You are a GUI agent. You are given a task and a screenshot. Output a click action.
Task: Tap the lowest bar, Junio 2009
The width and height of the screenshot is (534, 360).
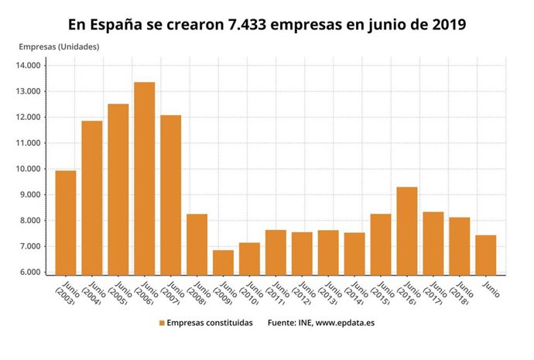click(223, 262)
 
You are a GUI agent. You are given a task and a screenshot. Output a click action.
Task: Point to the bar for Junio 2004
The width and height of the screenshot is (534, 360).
click(91, 197)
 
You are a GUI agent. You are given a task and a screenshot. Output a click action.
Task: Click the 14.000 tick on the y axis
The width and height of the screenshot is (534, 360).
click(28, 66)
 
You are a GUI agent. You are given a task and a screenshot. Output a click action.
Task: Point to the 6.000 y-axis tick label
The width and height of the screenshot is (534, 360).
click(29, 273)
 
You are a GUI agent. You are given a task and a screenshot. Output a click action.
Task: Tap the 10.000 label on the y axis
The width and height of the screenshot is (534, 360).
click(28, 169)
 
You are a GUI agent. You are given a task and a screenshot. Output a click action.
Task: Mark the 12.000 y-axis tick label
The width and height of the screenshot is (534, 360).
click(28, 118)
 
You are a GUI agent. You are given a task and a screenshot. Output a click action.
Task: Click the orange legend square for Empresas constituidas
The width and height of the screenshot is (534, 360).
click(162, 323)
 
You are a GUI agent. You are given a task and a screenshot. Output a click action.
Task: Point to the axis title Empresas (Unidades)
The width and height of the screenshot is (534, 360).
click(59, 46)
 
